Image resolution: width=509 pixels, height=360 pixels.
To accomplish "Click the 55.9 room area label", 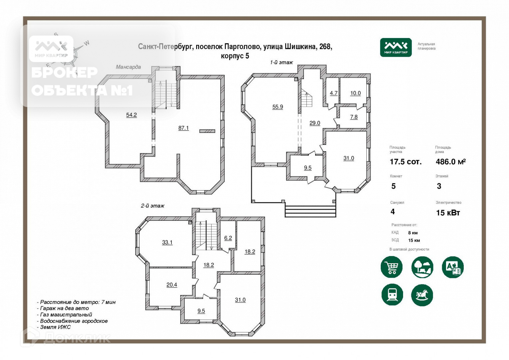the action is tap(277, 107).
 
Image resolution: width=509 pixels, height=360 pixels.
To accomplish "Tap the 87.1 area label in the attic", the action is tap(183, 128).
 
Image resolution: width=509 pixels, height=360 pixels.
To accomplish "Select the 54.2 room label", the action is tap(131, 115).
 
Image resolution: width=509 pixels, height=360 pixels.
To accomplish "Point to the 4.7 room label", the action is tap(333, 93).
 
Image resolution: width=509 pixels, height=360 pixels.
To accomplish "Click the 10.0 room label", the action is tap(355, 93).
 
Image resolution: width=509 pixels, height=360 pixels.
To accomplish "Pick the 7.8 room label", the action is tap(354, 117).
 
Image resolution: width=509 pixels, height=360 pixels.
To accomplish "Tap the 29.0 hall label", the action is tap(315, 123).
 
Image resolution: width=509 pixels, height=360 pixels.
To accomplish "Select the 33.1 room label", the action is tap(167, 242).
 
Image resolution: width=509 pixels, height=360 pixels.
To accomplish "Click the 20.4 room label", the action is tap(172, 285).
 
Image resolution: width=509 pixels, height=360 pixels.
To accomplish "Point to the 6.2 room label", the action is tap(228, 238).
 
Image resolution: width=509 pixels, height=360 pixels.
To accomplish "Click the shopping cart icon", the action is tap(391, 267).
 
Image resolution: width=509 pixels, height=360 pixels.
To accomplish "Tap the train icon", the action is tap(392, 295).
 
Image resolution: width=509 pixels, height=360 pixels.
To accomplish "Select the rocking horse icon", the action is tap(422, 295).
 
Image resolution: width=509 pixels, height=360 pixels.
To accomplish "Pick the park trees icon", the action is tap(422, 267).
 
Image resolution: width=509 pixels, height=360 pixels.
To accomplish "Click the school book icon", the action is tap(453, 267).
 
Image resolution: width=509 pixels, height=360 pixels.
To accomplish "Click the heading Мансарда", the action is tap(128, 67).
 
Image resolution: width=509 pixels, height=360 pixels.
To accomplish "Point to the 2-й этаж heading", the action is tap(153, 206).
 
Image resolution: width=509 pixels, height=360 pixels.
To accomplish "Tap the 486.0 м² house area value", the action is tap(451, 162).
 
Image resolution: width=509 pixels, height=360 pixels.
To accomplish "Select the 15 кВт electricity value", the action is tap(448, 213).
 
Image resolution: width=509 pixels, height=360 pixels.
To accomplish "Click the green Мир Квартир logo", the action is tap(396, 48).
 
